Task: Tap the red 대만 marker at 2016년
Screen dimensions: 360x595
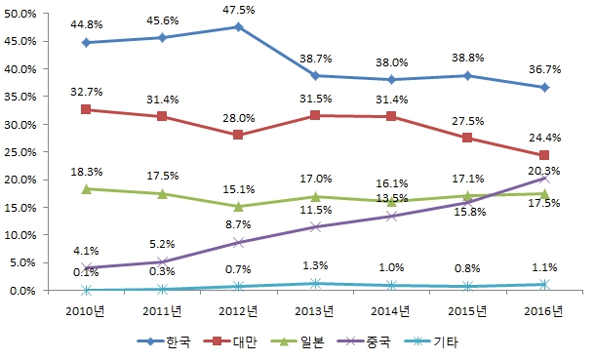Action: [x=544, y=155]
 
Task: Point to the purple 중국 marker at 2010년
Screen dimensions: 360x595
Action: [x=87, y=267]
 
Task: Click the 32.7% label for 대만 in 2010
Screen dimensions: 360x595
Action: [x=87, y=92]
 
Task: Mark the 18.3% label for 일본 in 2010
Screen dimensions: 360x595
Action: [x=87, y=171]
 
